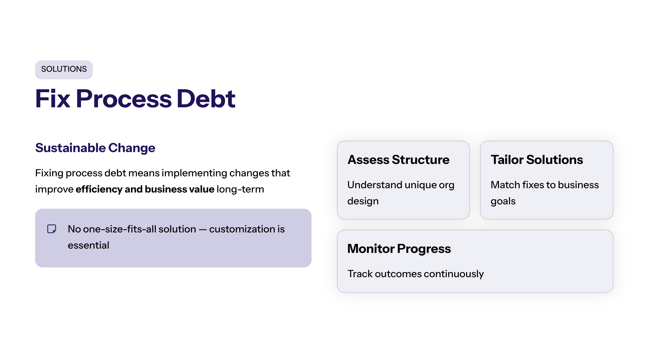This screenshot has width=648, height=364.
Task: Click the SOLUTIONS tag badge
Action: click(x=64, y=70)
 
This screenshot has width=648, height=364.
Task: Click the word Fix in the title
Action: click(x=53, y=99)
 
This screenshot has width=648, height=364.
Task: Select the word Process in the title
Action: click(x=124, y=99)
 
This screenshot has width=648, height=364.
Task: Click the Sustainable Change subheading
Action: click(x=95, y=148)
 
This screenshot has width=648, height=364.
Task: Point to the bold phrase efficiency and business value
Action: click(x=145, y=189)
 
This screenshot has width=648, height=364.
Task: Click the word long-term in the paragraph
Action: click(x=240, y=189)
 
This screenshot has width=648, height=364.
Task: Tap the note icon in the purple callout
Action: click(x=52, y=229)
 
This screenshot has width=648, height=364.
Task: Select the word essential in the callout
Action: click(x=88, y=245)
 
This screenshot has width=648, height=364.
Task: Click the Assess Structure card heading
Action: click(x=398, y=160)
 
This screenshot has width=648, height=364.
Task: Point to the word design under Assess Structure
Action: click(x=363, y=201)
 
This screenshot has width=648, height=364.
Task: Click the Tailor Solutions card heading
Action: click(x=536, y=160)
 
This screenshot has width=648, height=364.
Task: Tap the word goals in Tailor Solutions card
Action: click(x=503, y=201)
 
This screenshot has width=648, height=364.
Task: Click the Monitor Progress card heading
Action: click(x=399, y=249)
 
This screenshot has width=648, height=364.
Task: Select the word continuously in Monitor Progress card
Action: click(x=454, y=274)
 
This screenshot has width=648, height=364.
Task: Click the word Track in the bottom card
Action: click(x=360, y=274)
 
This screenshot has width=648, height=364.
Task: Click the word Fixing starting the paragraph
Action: click(x=49, y=173)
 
